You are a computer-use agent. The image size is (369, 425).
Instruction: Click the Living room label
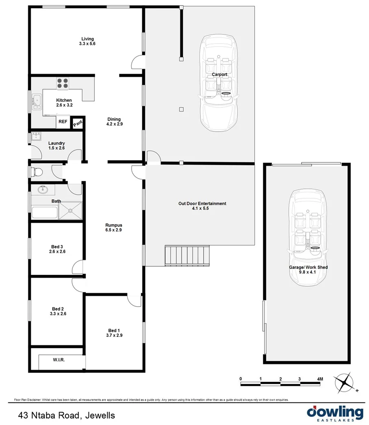tap(87, 39)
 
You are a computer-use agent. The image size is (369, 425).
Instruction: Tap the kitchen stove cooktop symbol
tap(62, 83)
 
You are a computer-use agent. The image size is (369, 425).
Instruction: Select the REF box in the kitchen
tap(63, 121)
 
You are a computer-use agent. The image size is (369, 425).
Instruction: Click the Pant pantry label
tap(77, 123)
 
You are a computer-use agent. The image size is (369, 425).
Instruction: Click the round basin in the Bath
tap(42, 189)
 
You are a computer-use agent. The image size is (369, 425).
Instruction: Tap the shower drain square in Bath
tap(70, 211)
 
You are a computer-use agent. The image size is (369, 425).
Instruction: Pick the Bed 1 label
tap(114, 330)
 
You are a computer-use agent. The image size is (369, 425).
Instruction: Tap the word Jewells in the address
tap(100, 416)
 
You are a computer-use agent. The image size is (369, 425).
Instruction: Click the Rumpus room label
tap(114, 225)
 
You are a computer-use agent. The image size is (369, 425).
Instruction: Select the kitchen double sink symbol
tap(36, 100)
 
